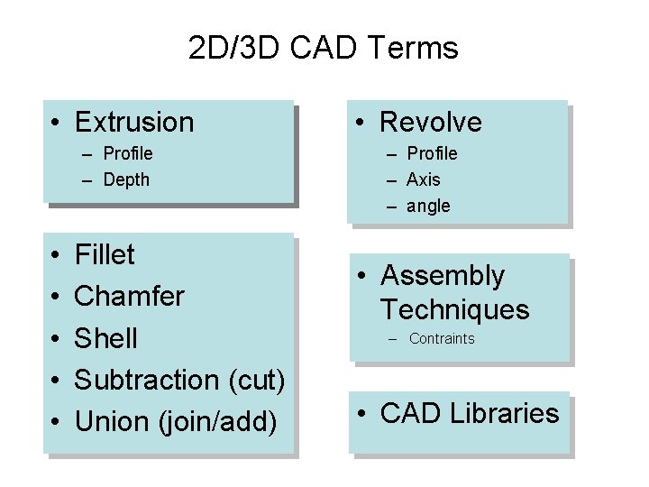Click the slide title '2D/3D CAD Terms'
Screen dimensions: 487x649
(324, 48)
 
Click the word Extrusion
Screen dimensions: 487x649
(134, 122)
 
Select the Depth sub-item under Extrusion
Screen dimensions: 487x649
(126, 179)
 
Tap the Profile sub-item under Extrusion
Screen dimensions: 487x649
(128, 153)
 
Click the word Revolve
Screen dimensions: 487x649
(431, 122)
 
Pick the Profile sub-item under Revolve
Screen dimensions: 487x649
(432, 153)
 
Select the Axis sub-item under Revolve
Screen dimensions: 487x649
(424, 179)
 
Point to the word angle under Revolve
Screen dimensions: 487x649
(428, 206)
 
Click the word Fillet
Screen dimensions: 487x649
(105, 255)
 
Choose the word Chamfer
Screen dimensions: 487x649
(130, 296)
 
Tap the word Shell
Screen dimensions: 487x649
(106, 338)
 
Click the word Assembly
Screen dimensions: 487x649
(443, 275)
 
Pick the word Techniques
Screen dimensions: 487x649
(454, 310)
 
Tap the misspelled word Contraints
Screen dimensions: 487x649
(442, 339)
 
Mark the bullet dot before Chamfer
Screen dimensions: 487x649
(56, 297)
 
